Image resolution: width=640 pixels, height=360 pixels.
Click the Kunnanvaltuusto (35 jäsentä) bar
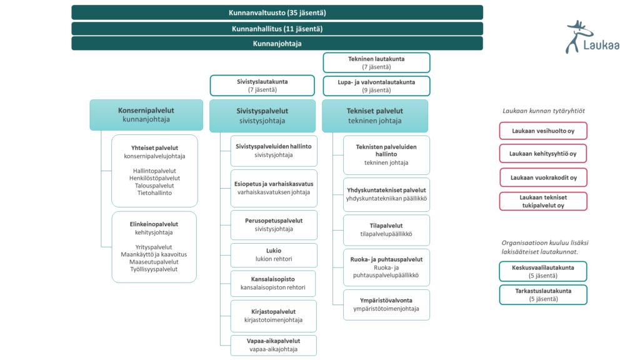(x=277, y=12)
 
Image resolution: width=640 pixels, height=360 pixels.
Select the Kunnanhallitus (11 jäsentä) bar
(x=277, y=29)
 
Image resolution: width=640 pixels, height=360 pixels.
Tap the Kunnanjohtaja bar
(x=277, y=44)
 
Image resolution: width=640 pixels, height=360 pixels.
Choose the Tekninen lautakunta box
(x=376, y=62)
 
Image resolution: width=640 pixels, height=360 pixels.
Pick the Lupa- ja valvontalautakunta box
(x=376, y=86)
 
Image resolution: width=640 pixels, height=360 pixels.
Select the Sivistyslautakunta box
(x=262, y=86)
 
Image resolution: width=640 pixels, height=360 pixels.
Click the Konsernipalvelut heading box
(x=146, y=114)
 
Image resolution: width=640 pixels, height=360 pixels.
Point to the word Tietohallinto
(x=154, y=193)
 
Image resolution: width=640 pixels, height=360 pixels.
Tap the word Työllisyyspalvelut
(x=154, y=269)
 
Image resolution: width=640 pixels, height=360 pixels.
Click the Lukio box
(x=274, y=255)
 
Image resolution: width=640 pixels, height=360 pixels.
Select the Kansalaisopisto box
(x=272, y=283)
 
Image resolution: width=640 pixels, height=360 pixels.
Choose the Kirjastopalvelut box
(x=273, y=316)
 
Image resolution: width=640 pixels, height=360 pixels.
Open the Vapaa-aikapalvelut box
(x=273, y=345)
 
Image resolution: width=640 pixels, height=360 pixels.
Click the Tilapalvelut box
(x=386, y=230)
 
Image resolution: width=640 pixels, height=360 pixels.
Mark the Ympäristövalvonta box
(x=386, y=304)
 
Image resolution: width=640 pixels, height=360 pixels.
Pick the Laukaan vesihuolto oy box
(x=542, y=131)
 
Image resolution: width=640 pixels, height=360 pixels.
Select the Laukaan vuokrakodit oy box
(x=542, y=177)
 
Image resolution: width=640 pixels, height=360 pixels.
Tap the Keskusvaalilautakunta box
(x=542, y=271)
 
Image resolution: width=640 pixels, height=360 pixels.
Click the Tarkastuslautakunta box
(x=542, y=294)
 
